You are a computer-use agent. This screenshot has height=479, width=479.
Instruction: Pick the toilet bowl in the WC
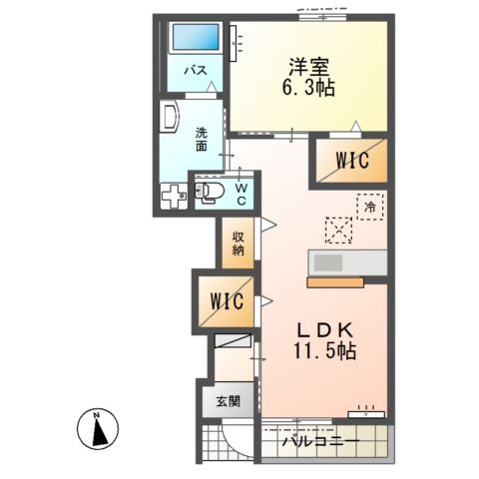click(211, 193)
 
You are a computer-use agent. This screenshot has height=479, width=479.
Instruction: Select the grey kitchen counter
click(346, 263)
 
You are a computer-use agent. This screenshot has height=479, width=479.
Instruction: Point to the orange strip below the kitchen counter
click(335, 282)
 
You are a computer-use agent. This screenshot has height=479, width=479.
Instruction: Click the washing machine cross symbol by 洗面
click(176, 197)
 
